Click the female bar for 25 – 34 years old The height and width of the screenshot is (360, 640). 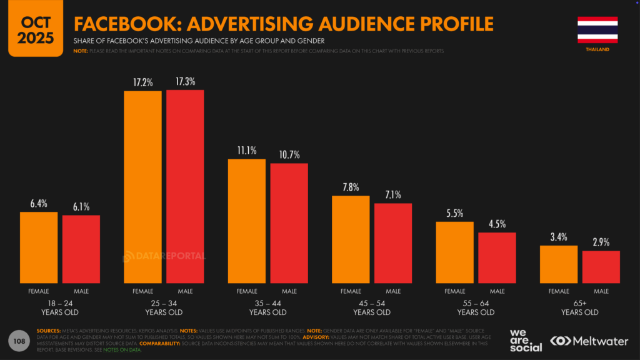(142, 187)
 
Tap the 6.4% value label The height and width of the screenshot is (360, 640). (39, 204)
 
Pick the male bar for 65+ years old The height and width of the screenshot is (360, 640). (601, 267)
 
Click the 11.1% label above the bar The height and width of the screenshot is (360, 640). (246, 151)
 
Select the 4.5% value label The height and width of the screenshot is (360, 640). (497, 224)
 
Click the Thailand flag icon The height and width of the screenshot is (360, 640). (597, 29)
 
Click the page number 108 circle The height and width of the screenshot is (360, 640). (19, 341)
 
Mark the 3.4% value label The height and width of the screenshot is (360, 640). (559, 237)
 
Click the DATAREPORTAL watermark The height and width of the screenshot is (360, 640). (164, 256)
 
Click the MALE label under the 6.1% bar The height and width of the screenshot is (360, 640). (81, 291)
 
